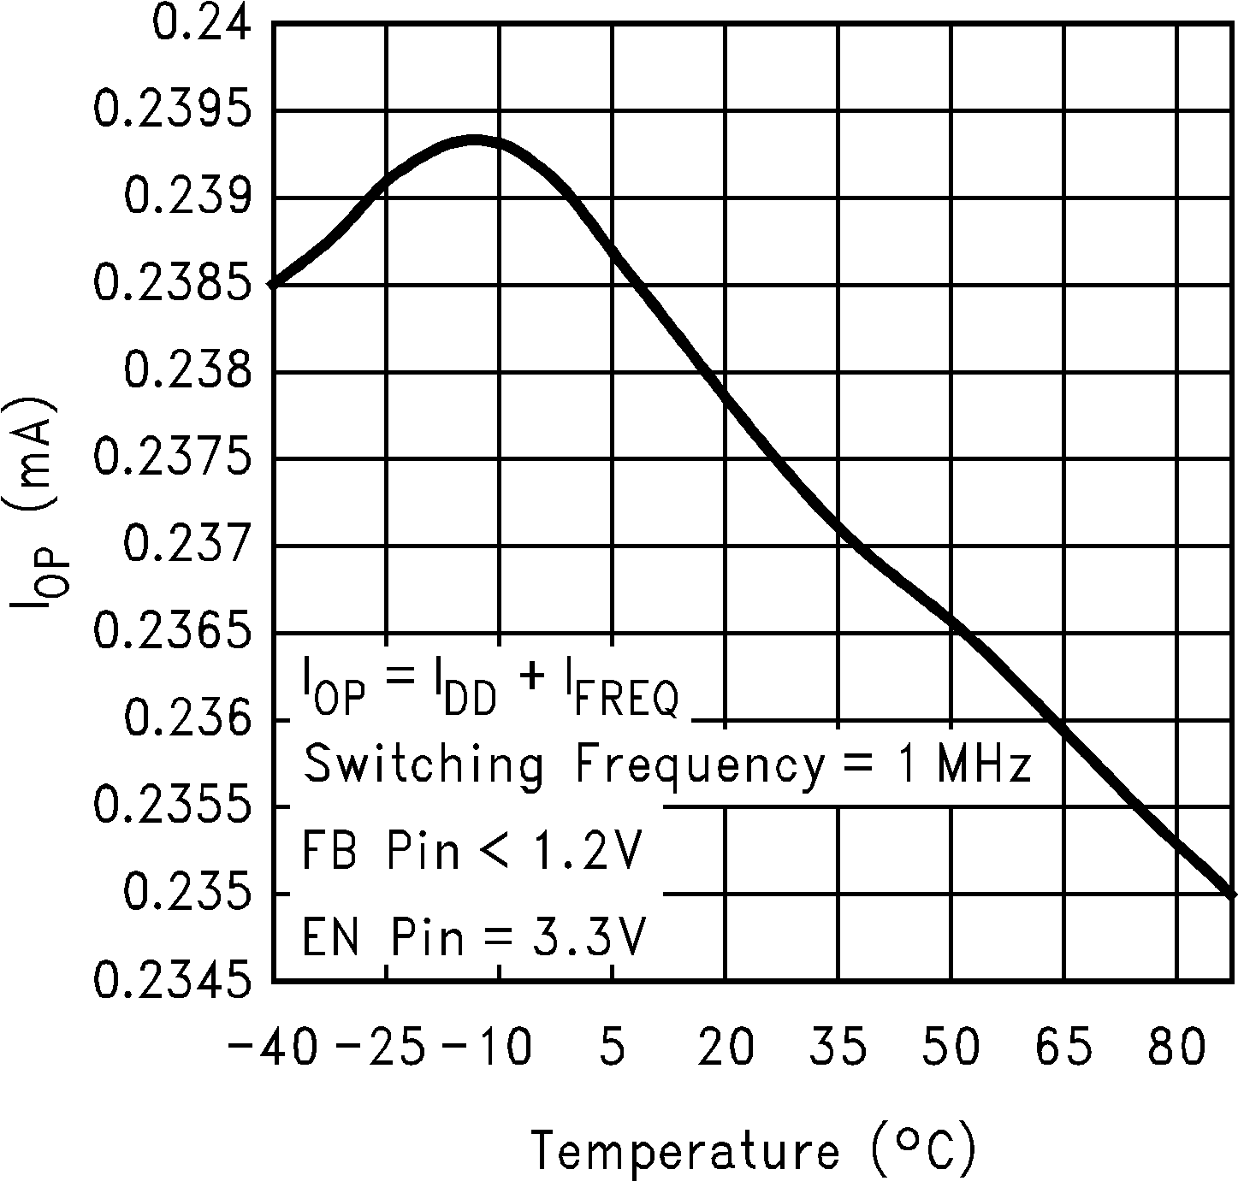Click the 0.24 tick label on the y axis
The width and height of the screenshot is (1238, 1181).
pos(202,22)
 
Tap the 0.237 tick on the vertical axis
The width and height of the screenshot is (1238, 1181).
pos(188,545)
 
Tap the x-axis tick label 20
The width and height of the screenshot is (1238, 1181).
pos(726,1048)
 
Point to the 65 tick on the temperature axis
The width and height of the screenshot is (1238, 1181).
pos(1064,1048)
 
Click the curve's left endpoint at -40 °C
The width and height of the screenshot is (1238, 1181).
pos(273,284)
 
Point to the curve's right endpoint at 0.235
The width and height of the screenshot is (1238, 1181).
pos(1232,894)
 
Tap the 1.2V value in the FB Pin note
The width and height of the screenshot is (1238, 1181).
pos(583,851)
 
